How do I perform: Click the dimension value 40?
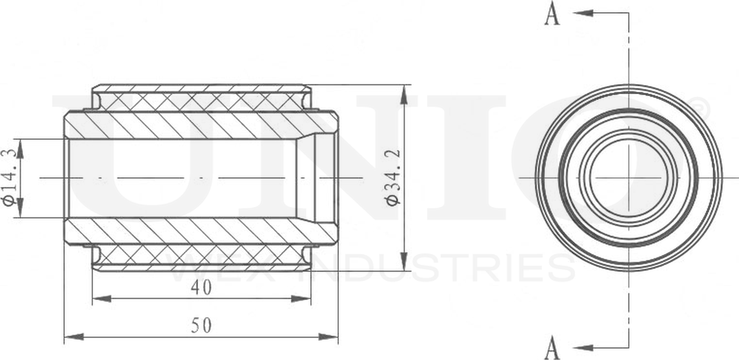coord(201,288)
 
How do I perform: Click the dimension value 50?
coord(201,326)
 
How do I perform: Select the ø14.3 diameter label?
coord(9,177)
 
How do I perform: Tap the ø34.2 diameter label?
coord(392,177)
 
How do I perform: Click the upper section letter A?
coord(552,14)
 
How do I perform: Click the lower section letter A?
coord(552,348)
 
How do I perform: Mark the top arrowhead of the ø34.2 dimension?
coord(404,94)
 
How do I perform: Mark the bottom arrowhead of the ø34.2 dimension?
coord(404,261)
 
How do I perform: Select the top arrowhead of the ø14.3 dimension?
coord(20,148)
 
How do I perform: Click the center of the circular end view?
coord(628,177)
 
